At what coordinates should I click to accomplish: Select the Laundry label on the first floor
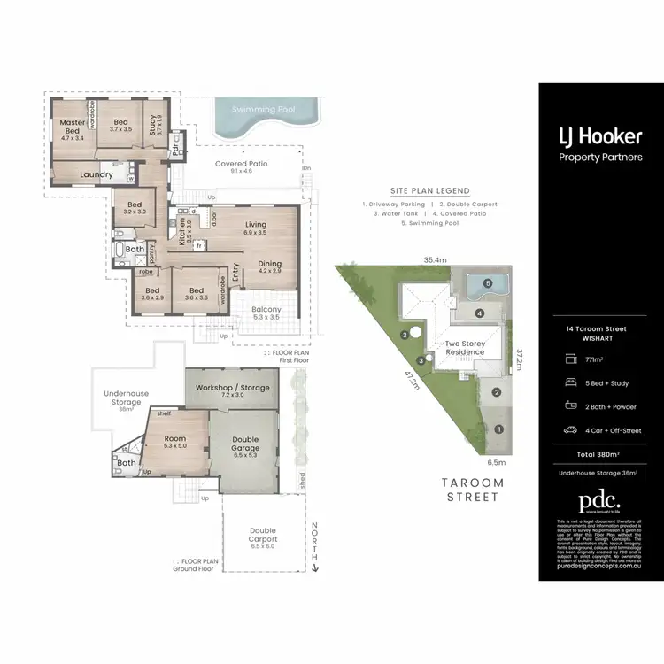(96, 174)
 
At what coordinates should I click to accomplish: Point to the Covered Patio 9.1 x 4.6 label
(242, 167)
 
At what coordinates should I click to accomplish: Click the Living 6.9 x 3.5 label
(255, 228)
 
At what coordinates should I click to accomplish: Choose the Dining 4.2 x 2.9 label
(270, 266)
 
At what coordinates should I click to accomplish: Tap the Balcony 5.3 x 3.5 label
(266, 313)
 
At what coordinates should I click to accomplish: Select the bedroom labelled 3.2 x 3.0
(134, 208)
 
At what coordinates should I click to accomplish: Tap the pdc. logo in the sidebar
(600, 501)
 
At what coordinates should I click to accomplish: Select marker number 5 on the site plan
(487, 284)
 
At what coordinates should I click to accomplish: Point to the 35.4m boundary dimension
(434, 259)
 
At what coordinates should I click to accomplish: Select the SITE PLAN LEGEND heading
(429, 190)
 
